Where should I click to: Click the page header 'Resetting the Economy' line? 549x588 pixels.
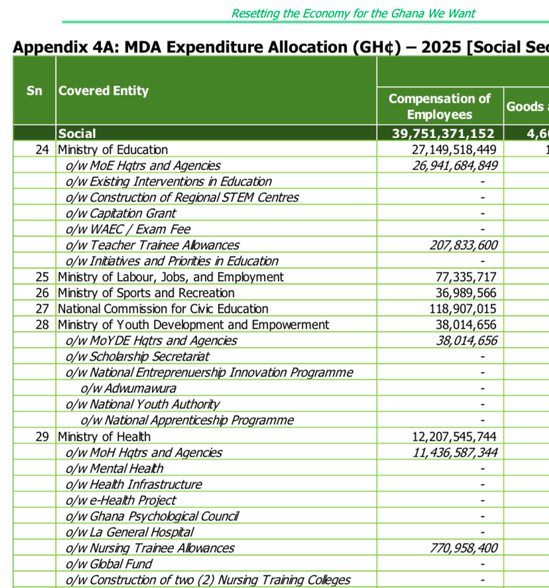pos(353,13)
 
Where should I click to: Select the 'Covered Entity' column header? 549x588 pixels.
pos(103,91)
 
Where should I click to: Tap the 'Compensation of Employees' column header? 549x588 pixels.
pos(440,107)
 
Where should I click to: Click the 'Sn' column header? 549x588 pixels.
pos(34,91)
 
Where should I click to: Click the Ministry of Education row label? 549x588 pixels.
pos(113,150)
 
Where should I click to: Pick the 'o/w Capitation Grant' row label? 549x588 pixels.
pos(121,213)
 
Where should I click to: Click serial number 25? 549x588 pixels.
pos(43,277)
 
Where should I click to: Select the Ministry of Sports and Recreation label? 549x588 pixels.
pos(146,293)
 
